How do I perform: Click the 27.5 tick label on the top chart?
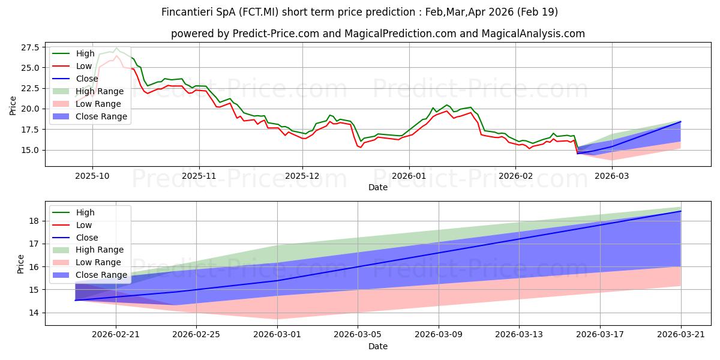[x=30, y=47]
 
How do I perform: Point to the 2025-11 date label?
[x=199, y=176]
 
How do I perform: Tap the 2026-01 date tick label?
[x=409, y=176]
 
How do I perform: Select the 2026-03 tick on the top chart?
[x=611, y=176]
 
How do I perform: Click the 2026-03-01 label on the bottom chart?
[x=277, y=335]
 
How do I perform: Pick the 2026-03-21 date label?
[x=681, y=335]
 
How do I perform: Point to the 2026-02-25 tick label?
[x=196, y=335]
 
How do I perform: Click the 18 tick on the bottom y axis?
[x=34, y=221]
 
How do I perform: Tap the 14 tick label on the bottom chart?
[x=34, y=313]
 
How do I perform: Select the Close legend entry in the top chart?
[x=75, y=79]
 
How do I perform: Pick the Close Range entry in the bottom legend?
[x=89, y=275]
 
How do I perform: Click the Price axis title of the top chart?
[x=13, y=106]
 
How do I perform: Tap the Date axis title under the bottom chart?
[x=377, y=346]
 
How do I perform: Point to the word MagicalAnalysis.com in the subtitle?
[x=533, y=34]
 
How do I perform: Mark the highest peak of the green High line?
[x=116, y=48]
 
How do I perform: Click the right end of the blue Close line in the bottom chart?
[x=681, y=211]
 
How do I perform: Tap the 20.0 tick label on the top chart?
[x=30, y=109]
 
